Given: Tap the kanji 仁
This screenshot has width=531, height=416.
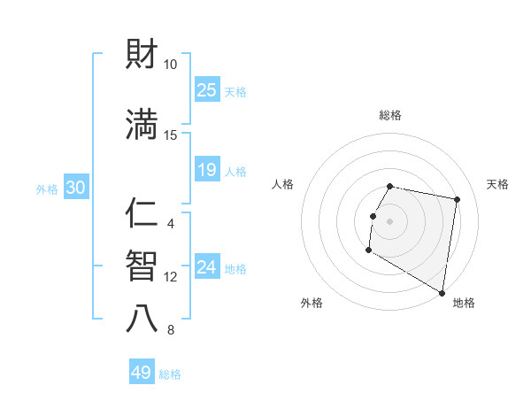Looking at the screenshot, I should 142,215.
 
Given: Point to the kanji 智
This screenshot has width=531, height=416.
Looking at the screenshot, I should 142,266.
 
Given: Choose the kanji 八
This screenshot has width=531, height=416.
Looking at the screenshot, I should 142,319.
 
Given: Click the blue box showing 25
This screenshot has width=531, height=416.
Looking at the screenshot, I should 207,89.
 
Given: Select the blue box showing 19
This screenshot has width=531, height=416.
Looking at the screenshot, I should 207,170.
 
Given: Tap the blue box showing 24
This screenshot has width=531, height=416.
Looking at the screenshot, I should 207,267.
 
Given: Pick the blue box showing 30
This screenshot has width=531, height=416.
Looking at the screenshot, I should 75,188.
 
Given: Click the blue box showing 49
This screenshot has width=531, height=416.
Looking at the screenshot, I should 142,373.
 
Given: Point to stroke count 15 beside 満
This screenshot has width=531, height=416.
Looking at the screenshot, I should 171,135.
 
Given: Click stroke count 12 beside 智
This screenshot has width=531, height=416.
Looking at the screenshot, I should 171,277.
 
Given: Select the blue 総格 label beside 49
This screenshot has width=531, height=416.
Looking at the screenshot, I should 170,374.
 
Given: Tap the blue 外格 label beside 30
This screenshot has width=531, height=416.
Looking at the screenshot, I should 47,189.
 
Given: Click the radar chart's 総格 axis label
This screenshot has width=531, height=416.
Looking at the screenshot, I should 389,115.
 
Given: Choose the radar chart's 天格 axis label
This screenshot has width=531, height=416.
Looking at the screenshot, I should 497,184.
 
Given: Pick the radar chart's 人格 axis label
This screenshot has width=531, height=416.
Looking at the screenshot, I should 282,184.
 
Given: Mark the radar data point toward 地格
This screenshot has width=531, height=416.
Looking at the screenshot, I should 442,293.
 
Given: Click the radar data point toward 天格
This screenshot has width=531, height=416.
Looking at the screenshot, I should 457,200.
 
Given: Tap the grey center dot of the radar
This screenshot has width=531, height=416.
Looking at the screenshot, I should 389,221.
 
